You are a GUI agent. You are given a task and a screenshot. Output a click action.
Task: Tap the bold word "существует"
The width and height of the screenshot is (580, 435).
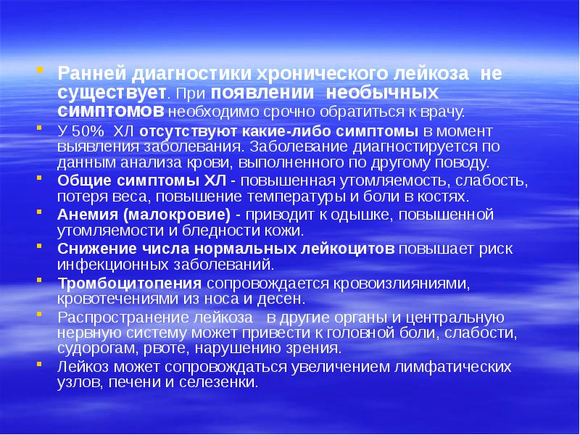tap(112, 93)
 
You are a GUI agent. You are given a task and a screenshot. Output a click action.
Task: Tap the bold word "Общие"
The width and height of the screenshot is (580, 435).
tap(80, 179)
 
